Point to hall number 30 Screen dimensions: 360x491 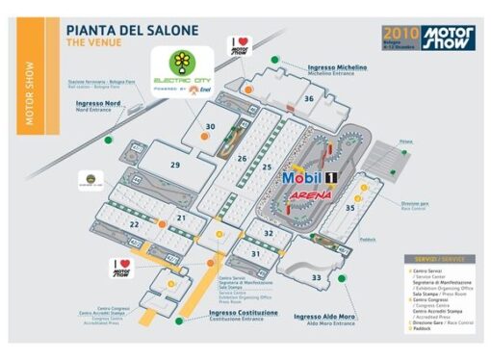210,126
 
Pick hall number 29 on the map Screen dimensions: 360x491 174,166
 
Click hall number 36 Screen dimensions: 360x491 309,98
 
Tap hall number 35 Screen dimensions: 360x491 350,206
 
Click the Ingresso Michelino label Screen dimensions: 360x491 337,67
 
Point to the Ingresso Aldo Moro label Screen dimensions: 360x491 325,316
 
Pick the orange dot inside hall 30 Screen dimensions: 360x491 204,137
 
